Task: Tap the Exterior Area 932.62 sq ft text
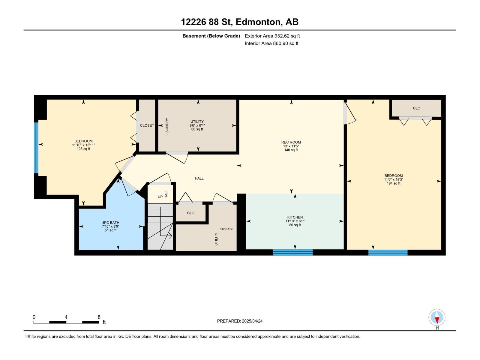point(272,36)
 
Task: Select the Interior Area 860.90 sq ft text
point(271,43)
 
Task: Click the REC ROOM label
point(291,142)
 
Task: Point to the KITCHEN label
point(295,217)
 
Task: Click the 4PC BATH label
point(110,223)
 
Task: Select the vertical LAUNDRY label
point(167,126)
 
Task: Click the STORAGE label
point(226,229)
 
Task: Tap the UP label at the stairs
point(160,197)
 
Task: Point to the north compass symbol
point(437,317)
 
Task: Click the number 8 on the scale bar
point(99,317)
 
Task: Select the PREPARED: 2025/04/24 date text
point(240,321)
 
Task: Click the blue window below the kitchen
point(292,252)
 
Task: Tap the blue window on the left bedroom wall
point(36,148)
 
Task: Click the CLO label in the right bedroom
point(416,108)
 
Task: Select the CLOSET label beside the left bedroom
point(147,125)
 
